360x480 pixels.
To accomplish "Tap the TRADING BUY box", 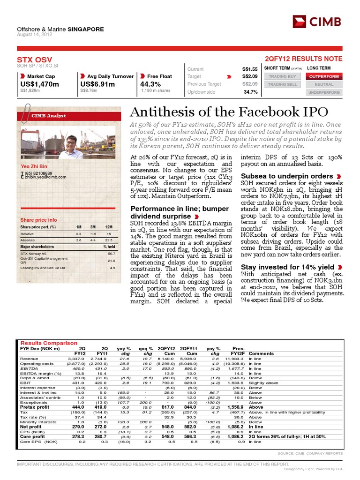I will tap(282, 76).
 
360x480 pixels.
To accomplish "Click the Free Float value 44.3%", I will tap(151, 84).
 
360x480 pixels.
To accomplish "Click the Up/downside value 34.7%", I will tap(250, 92).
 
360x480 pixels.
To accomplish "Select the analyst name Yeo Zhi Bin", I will tap(35, 166).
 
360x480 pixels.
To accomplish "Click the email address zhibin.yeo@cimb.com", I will tap(45, 177).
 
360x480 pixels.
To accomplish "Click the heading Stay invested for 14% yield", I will tap(287, 267).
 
